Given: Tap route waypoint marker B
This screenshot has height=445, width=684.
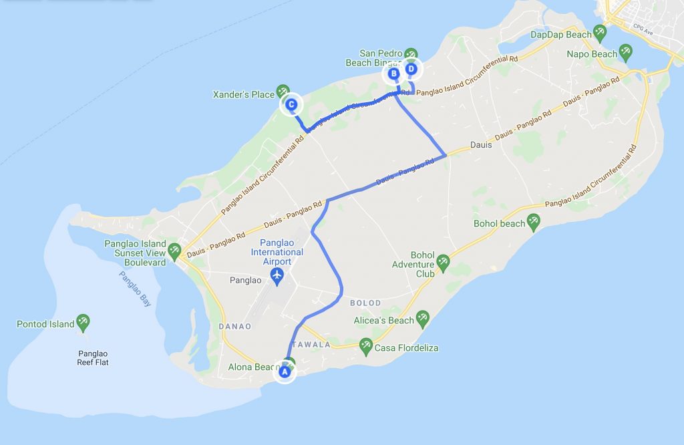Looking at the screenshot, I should pos(393,73).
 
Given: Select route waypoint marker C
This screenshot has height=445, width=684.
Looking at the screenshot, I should pos(291,105).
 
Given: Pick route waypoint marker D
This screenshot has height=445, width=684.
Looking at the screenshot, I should pos(411,69).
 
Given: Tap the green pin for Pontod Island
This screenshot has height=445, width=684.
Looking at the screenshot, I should pos(83,323).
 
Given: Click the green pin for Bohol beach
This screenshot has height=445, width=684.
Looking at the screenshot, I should pos(533,222).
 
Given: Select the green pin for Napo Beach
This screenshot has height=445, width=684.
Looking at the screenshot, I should pos(625,51).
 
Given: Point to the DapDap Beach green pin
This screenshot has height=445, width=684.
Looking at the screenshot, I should pos(600,32).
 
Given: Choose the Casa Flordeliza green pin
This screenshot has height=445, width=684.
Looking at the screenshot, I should pos(365,345).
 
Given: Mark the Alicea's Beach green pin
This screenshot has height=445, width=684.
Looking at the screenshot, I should pos(422,318).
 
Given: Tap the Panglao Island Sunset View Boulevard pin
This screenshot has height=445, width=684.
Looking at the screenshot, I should pos(174,250).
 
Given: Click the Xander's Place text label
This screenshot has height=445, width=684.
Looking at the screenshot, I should pos(244,95).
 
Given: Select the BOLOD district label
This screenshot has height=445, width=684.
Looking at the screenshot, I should pos(365,303).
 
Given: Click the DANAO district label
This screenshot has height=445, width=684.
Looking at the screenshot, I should pos(234,326).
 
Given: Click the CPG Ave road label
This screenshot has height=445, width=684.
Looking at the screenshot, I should pos(643,30).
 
